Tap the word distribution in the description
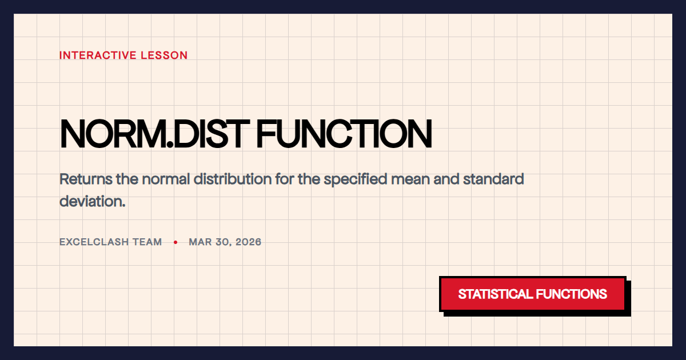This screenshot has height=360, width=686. point(232,179)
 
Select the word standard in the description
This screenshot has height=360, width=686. point(493,179)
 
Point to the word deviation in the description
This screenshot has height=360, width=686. point(92,201)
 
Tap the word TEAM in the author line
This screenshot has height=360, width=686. point(147,242)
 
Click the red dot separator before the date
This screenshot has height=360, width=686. point(176,242)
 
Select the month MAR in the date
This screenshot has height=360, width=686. point(200,242)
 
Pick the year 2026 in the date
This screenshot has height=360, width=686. point(248,242)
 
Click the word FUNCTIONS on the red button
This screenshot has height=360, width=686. point(571,294)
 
